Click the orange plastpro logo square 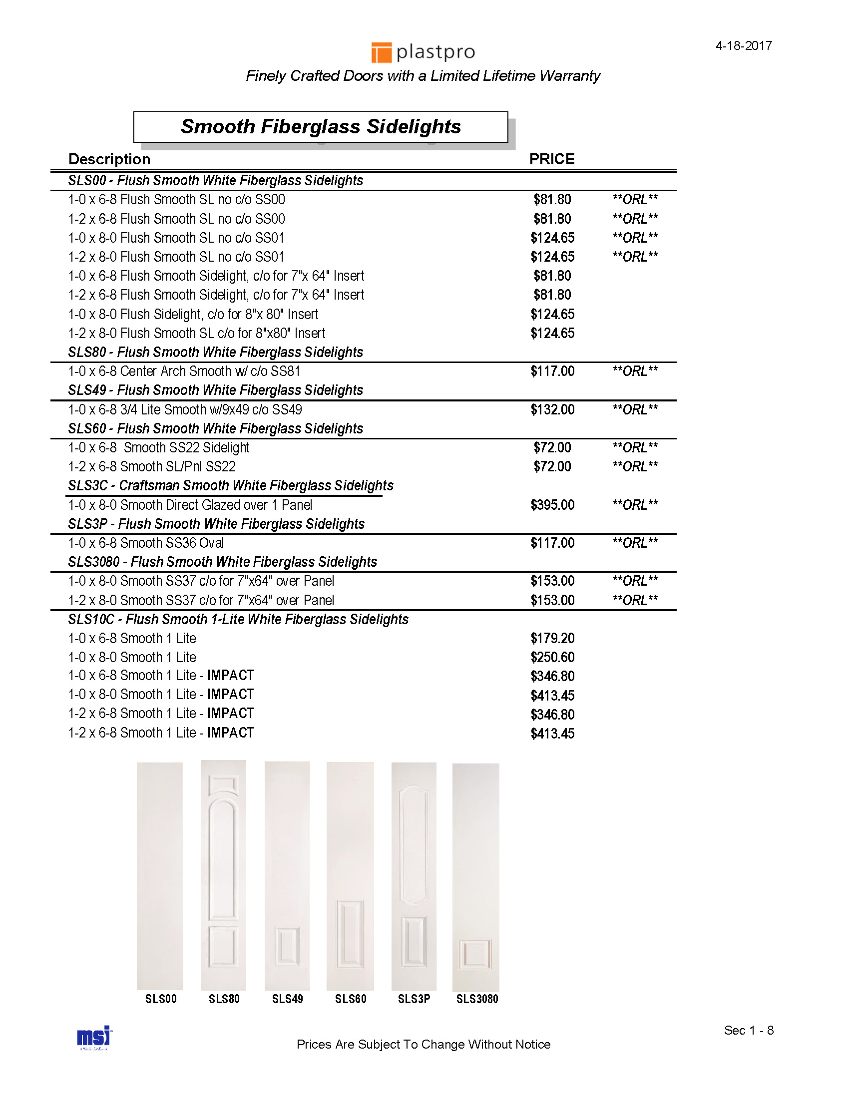point(382,52)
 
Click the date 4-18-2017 point(744,46)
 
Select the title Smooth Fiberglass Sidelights point(321,127)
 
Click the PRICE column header point(551,159)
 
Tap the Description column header point(109,159)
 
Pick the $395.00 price point(552,505)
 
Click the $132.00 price point(552,410)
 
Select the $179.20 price point(552,639)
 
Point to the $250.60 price point(552,657)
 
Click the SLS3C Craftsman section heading point(230,485)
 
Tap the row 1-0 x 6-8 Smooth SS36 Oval point(146,543)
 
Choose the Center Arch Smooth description point(184,371)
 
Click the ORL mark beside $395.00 point(635,505)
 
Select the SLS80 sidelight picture point(223,875)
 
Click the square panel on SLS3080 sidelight point(475,954)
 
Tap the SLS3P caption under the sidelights point(414,999)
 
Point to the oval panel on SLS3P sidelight point(414,844)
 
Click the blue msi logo point(94,1037)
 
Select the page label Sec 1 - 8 point(749,1030)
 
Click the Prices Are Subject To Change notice point(424,1045)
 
